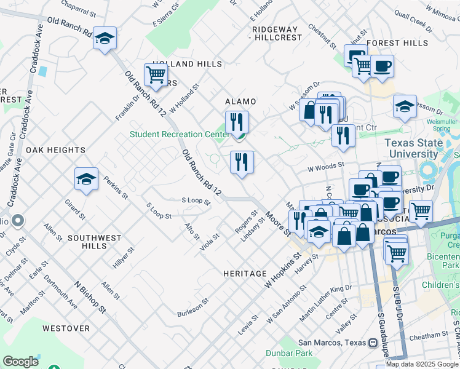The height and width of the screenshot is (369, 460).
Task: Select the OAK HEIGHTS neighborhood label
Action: [55, 150]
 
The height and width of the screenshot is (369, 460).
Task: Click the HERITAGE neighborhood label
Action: [245, 274]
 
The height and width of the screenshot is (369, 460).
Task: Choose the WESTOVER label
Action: [66, 328]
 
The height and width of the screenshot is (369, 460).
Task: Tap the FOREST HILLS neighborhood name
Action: [397, 43]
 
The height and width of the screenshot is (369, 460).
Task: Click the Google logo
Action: [20, 362]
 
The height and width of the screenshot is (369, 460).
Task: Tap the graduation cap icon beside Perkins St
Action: [86, 179]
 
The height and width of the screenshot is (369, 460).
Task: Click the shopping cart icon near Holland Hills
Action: [156, 75]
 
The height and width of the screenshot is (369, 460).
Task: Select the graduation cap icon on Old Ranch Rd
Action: [105, 38]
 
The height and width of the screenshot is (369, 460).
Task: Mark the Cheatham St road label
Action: [430, 335]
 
